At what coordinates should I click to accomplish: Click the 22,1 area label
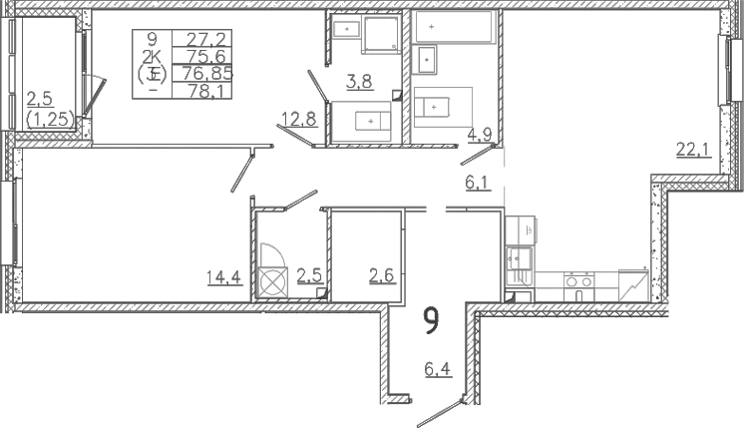(694, 151)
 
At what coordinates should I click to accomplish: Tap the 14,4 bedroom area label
(225, 277)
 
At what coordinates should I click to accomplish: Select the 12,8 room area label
(299, 119)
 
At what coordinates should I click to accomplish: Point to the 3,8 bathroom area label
(359, 82)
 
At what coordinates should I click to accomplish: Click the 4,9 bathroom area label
(479, 135)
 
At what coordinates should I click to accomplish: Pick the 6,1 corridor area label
(478, 183)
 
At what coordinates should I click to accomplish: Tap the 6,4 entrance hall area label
(438, 369)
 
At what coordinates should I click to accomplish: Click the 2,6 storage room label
(382, 275)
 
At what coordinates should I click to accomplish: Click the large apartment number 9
(431, 321)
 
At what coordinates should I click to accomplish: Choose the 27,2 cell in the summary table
(202, 38)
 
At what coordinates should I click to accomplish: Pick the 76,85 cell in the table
(202, 73)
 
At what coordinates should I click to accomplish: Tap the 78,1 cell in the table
(202, 90)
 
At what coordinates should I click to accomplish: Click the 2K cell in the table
(153, 57)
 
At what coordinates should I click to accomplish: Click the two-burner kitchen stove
(578, 285)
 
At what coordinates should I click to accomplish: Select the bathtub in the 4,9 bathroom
(456, 27)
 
